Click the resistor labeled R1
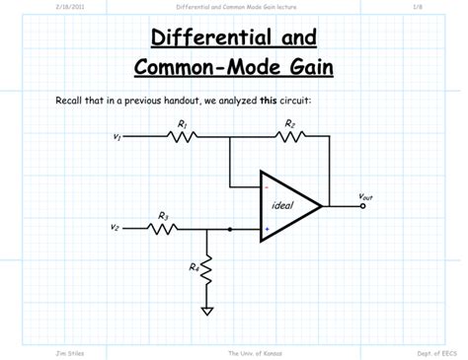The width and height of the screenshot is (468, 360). (184, 136)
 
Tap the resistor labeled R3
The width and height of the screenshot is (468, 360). (163, 229)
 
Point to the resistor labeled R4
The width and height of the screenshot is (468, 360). (207, 269)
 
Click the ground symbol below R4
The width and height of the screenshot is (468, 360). (207, 312)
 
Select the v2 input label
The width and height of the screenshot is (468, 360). (116, 229)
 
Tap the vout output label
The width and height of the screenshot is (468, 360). (365, 196)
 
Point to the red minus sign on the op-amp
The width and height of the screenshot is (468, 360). (266, 185)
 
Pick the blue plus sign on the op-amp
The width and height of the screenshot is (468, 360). (266, 229)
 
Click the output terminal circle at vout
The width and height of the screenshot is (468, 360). (362, 207)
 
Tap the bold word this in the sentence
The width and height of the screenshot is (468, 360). (268, 101)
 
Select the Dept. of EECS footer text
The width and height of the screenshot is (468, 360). (435, 352)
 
